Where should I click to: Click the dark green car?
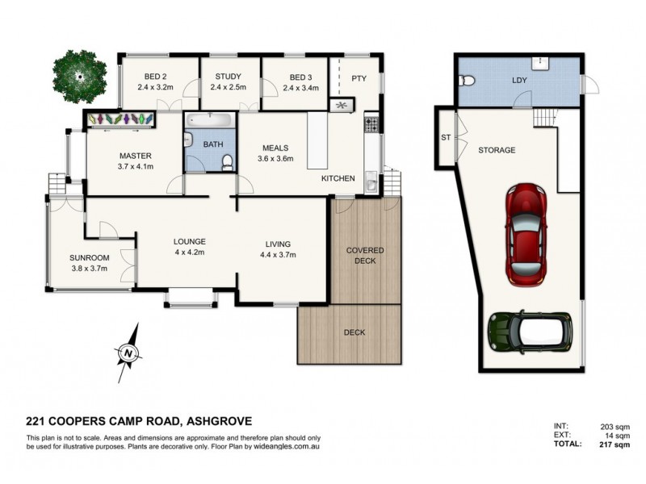(530, 331)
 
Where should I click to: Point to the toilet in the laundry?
(465, 81)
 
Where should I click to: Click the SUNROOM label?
(89, 258)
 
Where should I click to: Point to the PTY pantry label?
(359, 78)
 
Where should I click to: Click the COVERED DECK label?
(365, 255)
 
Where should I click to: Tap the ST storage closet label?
(445, 137)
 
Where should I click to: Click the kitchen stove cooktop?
(372, 124)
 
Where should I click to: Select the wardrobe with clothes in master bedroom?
(121, 119)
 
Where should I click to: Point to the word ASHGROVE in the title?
(219, 420)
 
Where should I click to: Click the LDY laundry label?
(520, 81)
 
